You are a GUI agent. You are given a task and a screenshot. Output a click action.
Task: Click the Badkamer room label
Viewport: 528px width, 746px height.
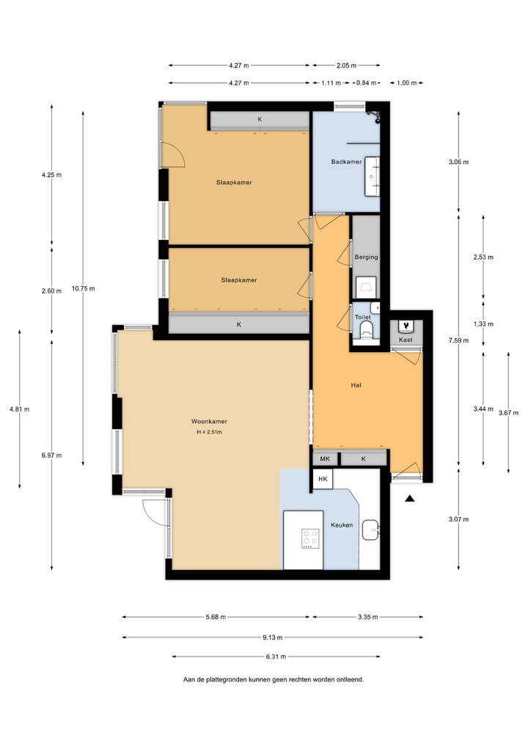(x=346, y=161)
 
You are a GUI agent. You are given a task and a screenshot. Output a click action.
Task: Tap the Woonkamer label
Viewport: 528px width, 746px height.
(x=209, y=422)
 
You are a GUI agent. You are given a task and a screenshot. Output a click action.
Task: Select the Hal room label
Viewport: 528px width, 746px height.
(x=357, y=385)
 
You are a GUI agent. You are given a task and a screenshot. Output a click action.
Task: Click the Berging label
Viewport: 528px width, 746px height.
(x=366, y=257)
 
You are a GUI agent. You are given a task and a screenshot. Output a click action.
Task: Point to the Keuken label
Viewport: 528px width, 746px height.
(x=342, y=525)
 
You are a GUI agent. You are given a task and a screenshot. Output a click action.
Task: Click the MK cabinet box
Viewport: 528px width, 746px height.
(x=325, y=459)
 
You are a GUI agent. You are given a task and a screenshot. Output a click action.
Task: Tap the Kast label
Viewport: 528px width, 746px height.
(x=406, y=340)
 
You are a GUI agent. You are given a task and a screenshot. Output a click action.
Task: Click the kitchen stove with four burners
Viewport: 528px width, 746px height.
(x=311, y=538)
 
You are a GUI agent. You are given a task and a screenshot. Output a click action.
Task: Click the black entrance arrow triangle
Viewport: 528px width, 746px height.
(x=409, y=499)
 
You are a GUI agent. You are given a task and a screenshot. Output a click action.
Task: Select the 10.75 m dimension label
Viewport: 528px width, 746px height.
(x=83, y=288)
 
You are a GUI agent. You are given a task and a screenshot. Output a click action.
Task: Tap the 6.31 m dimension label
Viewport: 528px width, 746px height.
(x=276, y=657)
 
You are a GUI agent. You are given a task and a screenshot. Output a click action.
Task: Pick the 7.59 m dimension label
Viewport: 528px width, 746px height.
(x=459, y=340)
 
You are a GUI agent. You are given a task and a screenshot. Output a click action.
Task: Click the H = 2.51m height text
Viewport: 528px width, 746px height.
(x=209, y=432)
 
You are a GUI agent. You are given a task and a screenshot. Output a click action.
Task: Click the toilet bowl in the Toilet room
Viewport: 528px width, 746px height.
(x=367, y=330)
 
